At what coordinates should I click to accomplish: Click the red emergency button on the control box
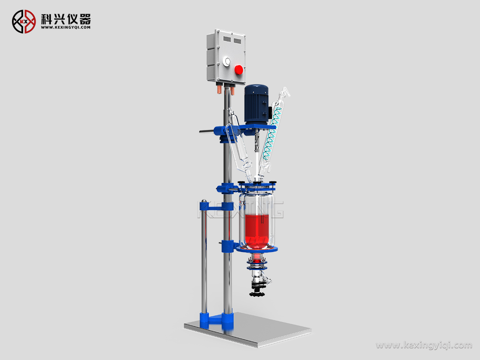239,70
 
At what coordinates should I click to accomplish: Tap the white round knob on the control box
227,61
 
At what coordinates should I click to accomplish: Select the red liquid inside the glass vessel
257,230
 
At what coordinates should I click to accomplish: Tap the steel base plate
247,330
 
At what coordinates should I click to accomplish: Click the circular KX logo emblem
24,22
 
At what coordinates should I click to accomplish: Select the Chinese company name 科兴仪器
66,19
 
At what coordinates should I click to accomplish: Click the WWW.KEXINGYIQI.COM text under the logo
66,27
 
